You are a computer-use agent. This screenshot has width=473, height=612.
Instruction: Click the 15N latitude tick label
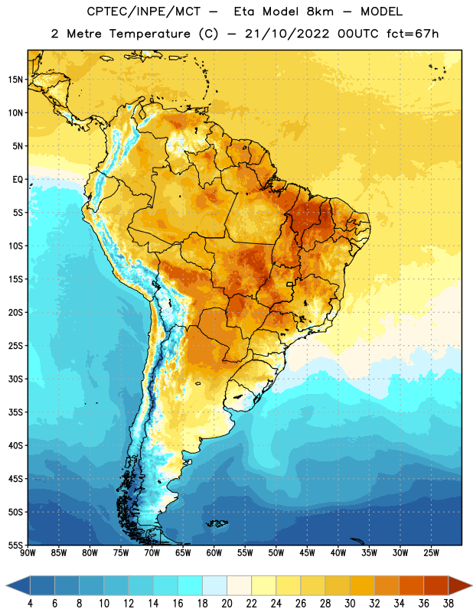tap(15, 80)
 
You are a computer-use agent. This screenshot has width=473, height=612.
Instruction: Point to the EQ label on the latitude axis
tap(18, 180)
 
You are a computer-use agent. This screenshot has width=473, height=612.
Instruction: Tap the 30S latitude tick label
tap(15, 379)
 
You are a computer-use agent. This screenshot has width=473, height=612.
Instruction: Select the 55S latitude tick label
tap(15, 545)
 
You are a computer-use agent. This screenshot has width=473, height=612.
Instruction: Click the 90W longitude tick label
tap(28, 553)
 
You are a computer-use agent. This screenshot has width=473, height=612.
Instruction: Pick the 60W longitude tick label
tap(214, 553)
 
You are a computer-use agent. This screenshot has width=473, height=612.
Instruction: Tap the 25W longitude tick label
tap(431, 553)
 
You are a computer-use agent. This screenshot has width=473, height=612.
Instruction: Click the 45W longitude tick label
tap(307, 553)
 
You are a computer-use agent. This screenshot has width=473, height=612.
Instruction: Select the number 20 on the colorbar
tap(227, 604)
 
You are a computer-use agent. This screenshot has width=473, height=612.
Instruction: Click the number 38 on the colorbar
tap(448, 604)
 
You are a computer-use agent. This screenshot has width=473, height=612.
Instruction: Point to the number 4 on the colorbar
tap(30, 604)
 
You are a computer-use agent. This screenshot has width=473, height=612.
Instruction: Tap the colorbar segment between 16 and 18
tap(190, 585)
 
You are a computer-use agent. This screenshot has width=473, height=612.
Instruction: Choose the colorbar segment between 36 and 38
tap(436, 585)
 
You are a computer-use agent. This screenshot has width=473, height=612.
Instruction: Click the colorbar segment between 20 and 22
tap(239, 585)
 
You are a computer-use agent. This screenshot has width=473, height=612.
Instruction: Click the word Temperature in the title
tap(149, 34)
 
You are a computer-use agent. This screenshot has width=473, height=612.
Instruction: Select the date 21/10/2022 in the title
tap(287, 34)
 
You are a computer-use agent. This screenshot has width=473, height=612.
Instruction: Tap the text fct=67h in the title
tap(413, 34)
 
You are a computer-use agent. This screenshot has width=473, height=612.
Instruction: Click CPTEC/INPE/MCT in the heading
tap(144, 11)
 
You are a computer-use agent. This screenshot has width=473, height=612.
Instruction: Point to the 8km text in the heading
tap(320, 11)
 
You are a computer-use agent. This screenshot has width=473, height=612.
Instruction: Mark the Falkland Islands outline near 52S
tap(217, 523)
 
